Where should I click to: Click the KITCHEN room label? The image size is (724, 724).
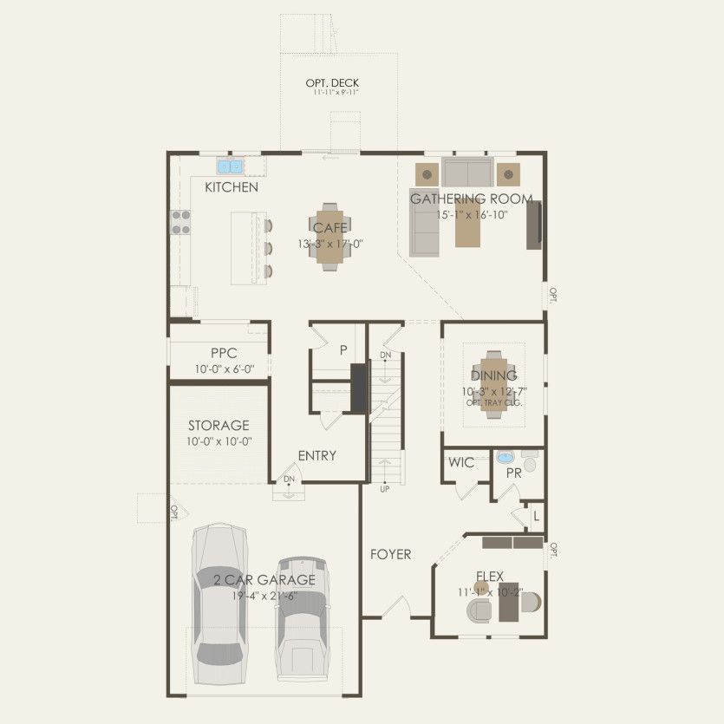(x=231, y=187)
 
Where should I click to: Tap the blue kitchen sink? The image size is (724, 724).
(x=230, y=166)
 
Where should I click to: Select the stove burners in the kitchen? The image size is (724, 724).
(x=181, y=223)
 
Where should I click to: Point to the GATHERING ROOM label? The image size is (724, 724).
(x=471, y=199)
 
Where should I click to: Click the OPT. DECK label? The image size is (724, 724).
(x=331, y=83)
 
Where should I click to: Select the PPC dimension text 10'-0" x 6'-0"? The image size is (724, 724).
(x=219, y=369)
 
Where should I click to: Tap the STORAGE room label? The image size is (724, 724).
(x=219, y=426)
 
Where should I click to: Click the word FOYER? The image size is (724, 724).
(x=390, y=554)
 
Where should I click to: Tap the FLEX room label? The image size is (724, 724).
(x=489, y=576)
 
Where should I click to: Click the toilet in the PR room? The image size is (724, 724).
(x=530, y=463)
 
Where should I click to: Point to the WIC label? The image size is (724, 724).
(x=461, y=462)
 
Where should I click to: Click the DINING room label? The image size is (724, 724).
(x=493, y=375)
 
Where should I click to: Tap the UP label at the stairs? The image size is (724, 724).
(x=384, y=488)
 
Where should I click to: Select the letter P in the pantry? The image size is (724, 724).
(x=343, y=350)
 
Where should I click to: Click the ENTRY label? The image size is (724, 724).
(x=316, y=455)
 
